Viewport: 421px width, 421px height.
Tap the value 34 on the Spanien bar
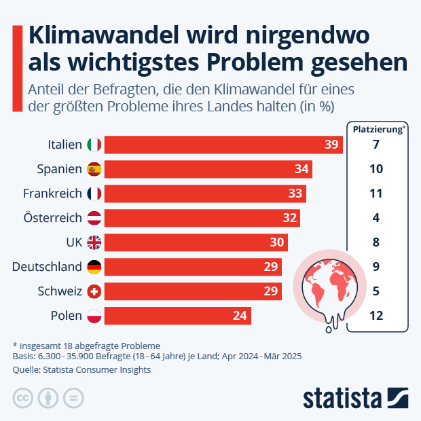pyautogui.click(x=302, y=169)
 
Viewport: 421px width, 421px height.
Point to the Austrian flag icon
pyautogui.click(x=94, y=218)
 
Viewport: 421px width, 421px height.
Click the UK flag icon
pyautogui.click(x=94, y=242)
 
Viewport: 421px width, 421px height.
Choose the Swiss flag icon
pyautogui.click(x=94, y=291)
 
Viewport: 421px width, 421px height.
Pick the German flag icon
pyautogui.click(x=94, y=267)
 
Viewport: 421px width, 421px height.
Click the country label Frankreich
pyautogui.click(x=52, y=194)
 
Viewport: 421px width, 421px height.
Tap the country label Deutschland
pyautogui.click(x=47, y=267)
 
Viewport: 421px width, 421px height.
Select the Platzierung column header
pyautogui.click(x=377, y=128)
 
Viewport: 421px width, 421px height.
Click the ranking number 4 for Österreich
pyautogui.click(x=376, y=218)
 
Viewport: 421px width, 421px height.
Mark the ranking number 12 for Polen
pyautogui.click(x=376, y=316)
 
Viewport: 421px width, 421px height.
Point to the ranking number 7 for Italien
pyautogui.click(x=376, y=145)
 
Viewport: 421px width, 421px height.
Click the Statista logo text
pyautogui.click(x=343, y=398)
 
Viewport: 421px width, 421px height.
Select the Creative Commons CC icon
pyautogui.click(x=23, y=398)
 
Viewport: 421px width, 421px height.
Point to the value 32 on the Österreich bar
pyautogui.click(x=290, y=218)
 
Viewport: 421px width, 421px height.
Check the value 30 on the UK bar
pyautogui.click(x=278, y=242)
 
